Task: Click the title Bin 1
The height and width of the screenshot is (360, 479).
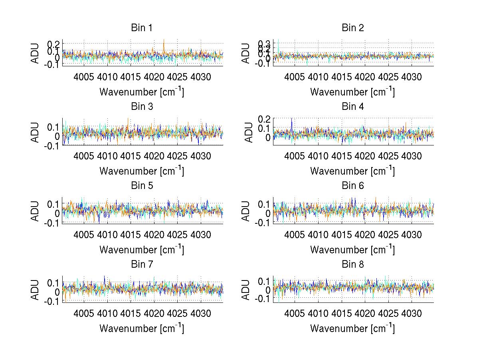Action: (x=142, y=28)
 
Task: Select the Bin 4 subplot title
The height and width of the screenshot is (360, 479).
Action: (x=353, y=107)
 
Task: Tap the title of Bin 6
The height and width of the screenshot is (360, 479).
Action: (x=353, y=186)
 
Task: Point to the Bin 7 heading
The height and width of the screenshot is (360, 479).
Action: (x=142, y=265)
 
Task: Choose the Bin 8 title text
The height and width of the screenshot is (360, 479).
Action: (x=353, y=265)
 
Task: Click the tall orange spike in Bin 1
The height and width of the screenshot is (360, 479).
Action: (x=164, y=42)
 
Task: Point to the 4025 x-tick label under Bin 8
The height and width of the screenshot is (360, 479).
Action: (x=388, y=314)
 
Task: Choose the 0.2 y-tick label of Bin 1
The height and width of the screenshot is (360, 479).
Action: (x=54, y=44)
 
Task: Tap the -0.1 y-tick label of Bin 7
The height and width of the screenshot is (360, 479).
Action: (x=52, y=301)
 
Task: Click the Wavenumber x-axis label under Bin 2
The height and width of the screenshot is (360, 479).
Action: (x=352, y=92)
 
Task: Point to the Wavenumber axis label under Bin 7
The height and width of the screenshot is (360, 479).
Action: (x=142, y=328)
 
